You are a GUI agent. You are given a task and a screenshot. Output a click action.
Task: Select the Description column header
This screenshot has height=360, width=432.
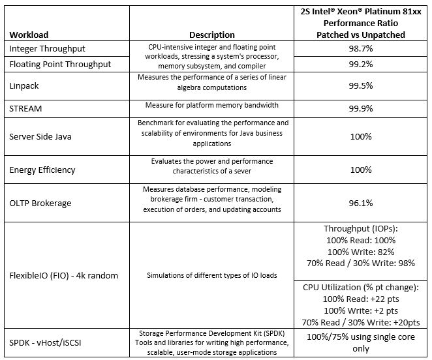[x=212, y=35]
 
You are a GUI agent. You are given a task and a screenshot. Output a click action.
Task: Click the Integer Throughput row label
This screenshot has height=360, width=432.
[x=48, y=49]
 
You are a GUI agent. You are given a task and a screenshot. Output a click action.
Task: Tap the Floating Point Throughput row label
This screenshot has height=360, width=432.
[x=60, y=64]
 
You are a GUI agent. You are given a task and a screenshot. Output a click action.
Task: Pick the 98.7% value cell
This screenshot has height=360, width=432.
[x=361, y=49]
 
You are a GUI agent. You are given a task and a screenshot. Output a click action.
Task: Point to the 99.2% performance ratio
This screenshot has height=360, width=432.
[x=361, y=65]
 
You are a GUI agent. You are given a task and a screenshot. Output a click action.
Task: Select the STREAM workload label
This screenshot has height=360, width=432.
[x=26, y=108]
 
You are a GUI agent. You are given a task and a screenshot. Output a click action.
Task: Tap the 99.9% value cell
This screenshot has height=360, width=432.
[x=361, y=108]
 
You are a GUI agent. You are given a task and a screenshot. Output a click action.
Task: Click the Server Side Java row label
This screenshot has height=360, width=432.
[x=46, y=136]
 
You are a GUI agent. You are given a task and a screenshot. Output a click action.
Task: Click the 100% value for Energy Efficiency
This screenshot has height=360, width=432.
[x=361, y=170]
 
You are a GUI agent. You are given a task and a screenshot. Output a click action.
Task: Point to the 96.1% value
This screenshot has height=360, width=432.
[x=361, y=203]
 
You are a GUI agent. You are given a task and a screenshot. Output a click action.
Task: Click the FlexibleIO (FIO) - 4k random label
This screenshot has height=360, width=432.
[x=64, y=275]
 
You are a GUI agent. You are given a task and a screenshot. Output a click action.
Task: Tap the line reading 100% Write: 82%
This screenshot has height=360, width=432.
[x=361, y=251]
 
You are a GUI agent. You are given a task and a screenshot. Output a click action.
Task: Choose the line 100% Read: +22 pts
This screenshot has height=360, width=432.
[x=361, y=298]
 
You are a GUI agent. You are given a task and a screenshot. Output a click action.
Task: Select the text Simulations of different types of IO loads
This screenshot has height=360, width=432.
[x=212, y=275]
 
